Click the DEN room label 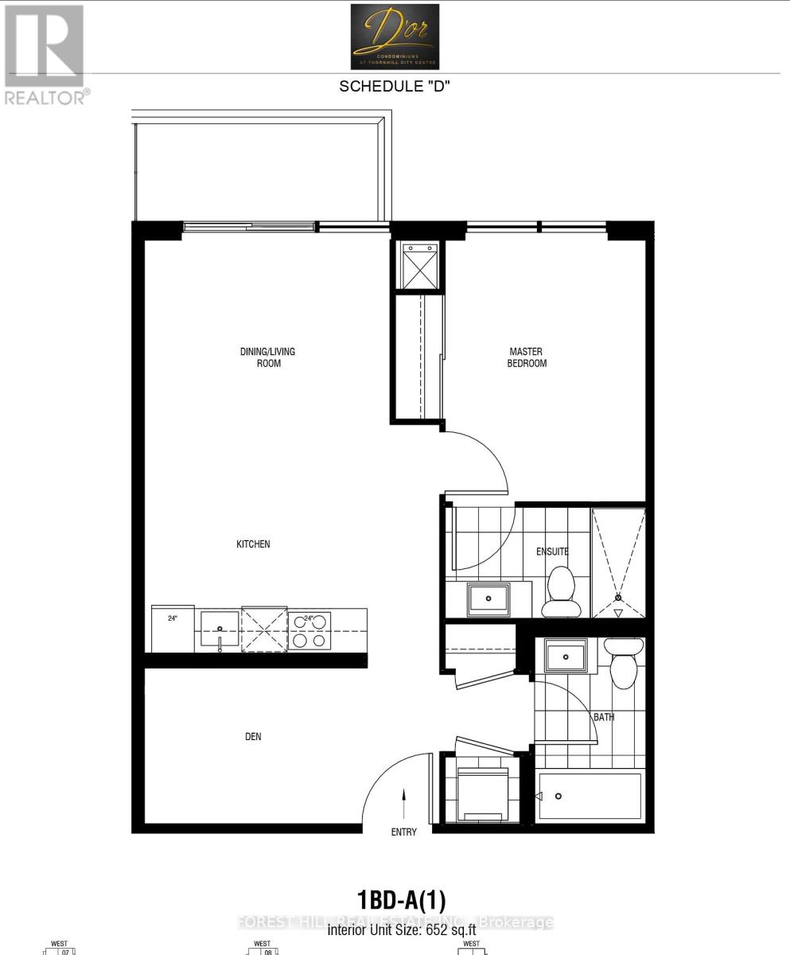(x=252, y=737)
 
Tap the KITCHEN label (x=253, y=544)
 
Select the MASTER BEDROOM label (x=527, y=357)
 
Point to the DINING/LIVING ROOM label (x=262, y=357)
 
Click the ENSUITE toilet (x=561, y=593)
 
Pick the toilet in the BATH (x=623, y=663)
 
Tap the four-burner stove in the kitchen (x=309, y=630)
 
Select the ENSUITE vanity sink (x=488, y=598)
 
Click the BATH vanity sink (x=566, y=657)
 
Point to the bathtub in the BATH (x=590, y=796)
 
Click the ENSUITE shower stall (x=618, y=562)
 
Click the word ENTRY (x=404, y=832)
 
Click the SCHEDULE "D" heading (x=395, y=87)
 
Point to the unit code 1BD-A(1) (x=402, y=900)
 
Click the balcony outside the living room (x=260, y=171)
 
